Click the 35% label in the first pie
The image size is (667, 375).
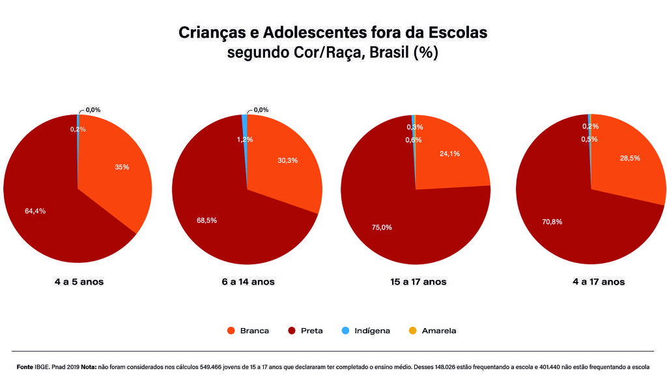(x=122, y=167)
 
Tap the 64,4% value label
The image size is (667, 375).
(x=35, y=211)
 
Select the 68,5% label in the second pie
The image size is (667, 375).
(x=206, y=220)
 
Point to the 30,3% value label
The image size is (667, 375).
(x=287, y=160)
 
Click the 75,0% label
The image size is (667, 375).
(x=382, y=227)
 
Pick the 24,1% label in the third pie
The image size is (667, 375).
(x=449, y=154)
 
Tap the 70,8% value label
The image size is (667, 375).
(x=552, y=221)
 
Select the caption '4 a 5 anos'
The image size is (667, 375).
(x=79, y=282)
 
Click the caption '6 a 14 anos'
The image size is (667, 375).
(x=248, y=282)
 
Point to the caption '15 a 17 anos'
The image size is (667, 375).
(x=418, y=282)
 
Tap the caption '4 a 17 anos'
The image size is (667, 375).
(x=598, y=282)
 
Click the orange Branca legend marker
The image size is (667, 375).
(x=231, y=331)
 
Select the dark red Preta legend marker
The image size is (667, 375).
(x=292, y=331)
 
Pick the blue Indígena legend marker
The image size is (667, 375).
(x=345, y=331)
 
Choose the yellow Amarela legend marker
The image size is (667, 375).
(x=412, y=331)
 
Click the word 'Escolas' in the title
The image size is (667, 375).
(x=460, y=32)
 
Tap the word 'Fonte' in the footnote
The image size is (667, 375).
(x=25, y=367)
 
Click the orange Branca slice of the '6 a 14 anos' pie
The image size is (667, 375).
(x=287, y=176)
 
